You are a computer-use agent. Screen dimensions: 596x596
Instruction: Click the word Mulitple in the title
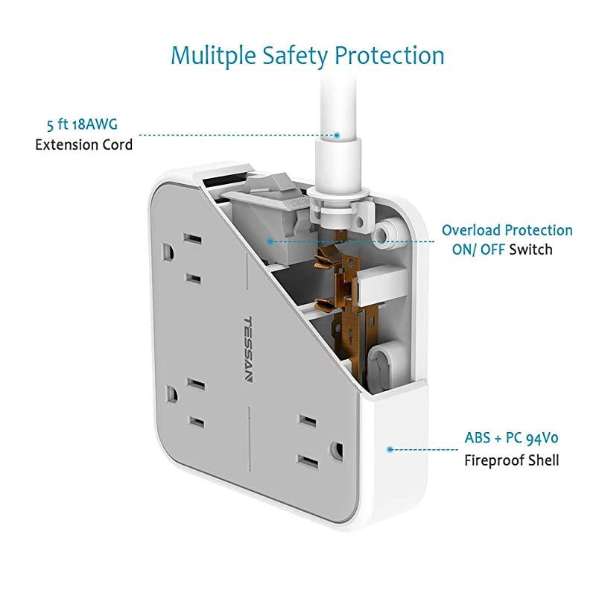click(x=213, y=56)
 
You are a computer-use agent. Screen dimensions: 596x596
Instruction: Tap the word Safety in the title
click(x=295, y=56)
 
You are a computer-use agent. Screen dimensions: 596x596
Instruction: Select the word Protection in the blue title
click(x=389, y=55)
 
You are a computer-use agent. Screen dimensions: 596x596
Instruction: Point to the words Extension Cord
click(x=84, y=145)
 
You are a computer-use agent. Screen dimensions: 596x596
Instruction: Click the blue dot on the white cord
click(x=337, y=135)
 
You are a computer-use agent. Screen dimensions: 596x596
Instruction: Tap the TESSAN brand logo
click(x=247, y=349)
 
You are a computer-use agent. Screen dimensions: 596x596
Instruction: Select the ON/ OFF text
click(x=478, y=250)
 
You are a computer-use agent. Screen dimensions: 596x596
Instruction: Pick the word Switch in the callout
click(x=530, y=250)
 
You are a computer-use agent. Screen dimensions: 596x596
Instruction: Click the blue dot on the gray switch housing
click(x=270, y=241)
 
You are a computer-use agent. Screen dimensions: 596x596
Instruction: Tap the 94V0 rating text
click(x=542, y=438)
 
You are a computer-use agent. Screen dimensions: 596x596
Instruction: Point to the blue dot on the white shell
click(x=390, y=449)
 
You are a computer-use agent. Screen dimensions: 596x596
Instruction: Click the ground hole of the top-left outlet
click(x=168, y=253)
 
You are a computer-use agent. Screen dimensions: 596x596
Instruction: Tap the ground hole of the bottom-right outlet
click(x=337, y=450)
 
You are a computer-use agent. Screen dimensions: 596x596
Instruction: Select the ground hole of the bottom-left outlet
click(x=171, y=395)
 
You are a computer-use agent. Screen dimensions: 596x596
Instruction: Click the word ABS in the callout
click(x=478, y=438)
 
